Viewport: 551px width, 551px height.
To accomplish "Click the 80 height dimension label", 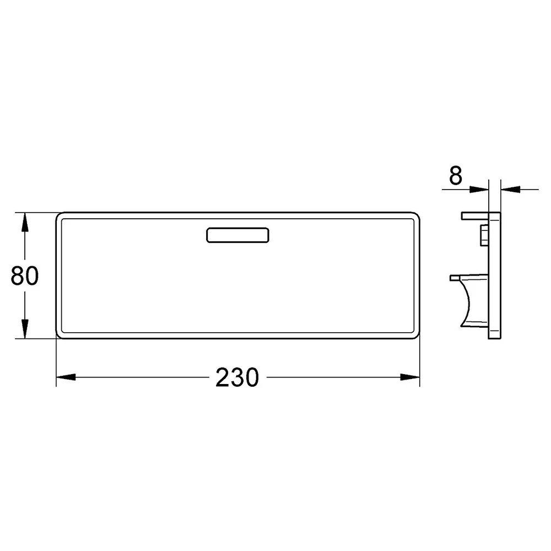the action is [x=25, y=275].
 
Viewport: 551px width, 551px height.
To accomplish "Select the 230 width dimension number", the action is [x=237, y=377].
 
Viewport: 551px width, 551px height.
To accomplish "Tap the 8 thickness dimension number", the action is [x=456, y=176].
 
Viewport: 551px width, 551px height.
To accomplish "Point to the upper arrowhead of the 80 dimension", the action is [x=25, y=222].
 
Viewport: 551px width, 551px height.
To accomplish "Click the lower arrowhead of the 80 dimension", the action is [x=25, y=329].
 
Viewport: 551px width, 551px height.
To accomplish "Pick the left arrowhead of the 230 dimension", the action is [x=66, y=377].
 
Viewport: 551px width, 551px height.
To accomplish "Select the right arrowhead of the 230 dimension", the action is [x=410, y=377].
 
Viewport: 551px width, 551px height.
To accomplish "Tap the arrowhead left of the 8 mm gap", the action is [x=479, y=190].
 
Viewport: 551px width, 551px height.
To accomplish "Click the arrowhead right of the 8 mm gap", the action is [x=510, y=190].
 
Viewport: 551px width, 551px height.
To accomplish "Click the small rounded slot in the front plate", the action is [x=237, y=235].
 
